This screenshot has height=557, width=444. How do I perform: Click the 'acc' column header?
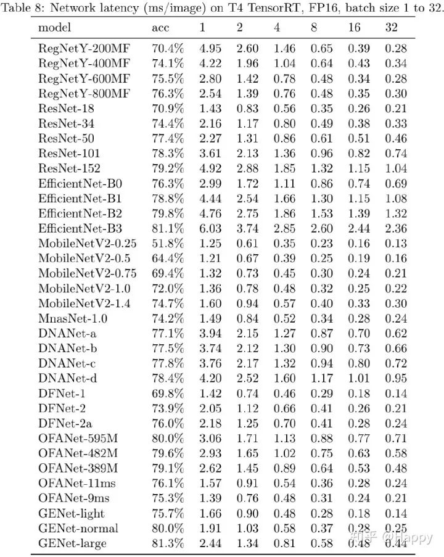click(161, 28)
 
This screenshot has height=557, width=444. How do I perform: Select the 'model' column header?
click(54, 28)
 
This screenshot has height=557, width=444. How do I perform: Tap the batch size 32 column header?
click(391, 28)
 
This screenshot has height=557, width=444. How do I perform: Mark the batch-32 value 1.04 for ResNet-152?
click(396, 168)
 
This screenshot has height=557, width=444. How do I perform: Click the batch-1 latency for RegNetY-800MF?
click(209, 93)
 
